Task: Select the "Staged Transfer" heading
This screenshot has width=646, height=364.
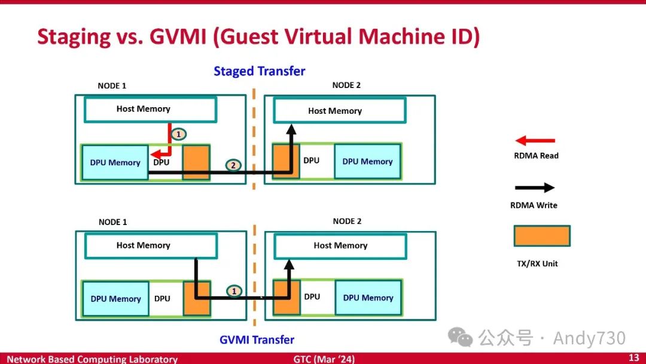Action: (260, 71)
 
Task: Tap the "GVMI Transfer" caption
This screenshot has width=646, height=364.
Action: (257, 339)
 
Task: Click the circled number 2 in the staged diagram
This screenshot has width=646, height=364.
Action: (234, 165)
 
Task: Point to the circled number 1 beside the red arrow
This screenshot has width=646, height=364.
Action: (178, 134)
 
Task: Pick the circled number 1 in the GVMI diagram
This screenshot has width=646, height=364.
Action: (234, 291)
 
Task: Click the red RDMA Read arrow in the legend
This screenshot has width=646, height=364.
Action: (535, 141)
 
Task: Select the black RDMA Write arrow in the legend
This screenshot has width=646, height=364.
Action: (535, 187)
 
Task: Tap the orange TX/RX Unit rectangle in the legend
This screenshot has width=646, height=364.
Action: (542, 236)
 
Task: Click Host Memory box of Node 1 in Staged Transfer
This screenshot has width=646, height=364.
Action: (150, 109)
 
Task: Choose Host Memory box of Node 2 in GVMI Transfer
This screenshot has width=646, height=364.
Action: (340, 245)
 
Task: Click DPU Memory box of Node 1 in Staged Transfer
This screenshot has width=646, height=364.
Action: (115, 162)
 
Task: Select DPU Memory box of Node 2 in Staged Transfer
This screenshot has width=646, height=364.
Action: (367, 161)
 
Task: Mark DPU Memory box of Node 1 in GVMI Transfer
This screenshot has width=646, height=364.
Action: (115, 299)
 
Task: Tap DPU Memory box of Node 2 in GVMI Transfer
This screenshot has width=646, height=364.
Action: (368, 298)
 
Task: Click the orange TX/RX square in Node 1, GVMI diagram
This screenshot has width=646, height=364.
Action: (197, 298)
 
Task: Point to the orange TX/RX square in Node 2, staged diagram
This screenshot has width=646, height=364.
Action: (286, 160)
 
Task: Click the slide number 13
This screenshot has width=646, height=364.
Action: (633, 358)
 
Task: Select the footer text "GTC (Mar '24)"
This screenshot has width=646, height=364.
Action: (324, 359)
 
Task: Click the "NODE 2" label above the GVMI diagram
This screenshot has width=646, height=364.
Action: (347, 222)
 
